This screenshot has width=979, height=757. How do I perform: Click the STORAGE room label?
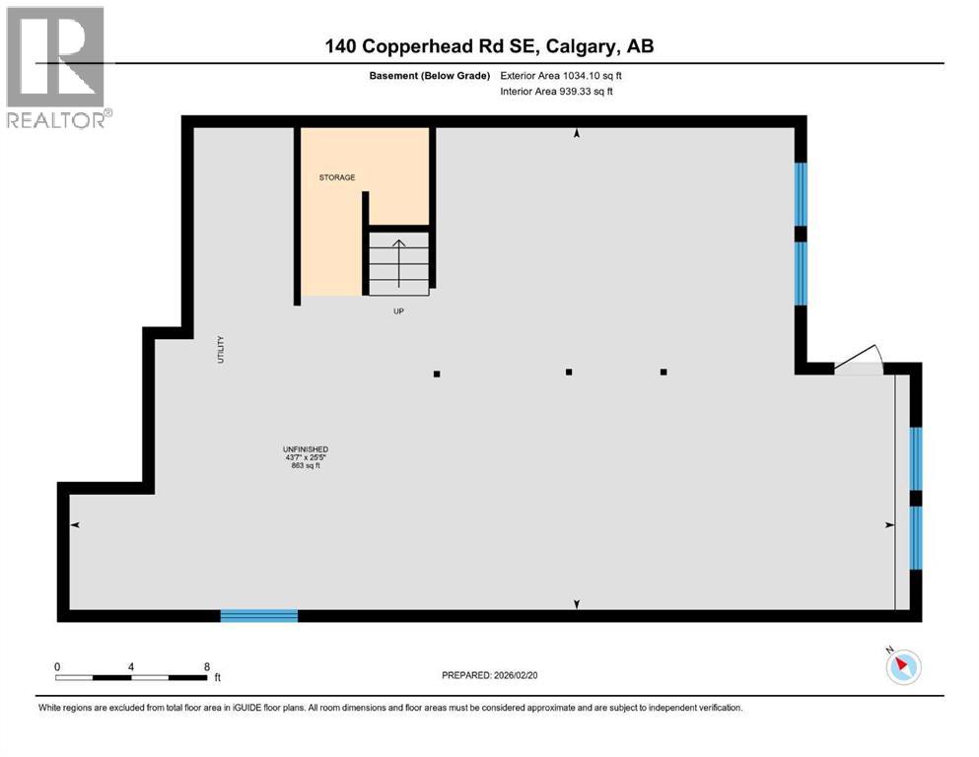coord(336,177)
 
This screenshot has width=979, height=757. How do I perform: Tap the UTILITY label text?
coord(221,351)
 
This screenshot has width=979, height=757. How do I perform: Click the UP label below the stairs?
coord(398,310)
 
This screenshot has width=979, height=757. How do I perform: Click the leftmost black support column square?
coord(437,374)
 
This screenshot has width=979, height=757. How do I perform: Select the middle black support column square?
coord(569,372)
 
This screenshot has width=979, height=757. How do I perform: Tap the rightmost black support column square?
coord(664,372)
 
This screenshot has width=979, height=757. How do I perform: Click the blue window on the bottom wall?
coord(258,615)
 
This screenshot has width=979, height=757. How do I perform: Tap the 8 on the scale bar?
coord(207,666)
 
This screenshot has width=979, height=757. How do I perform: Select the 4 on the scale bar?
coord(131,666)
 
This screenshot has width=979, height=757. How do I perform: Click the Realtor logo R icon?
coord(54,57)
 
